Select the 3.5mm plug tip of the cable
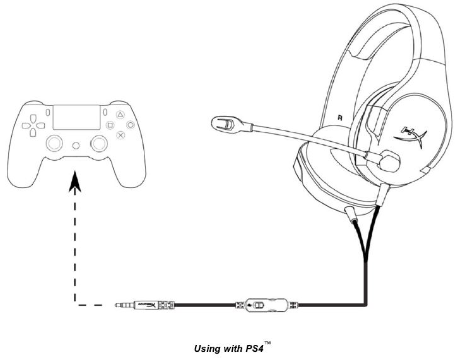(x=121, y=306)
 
